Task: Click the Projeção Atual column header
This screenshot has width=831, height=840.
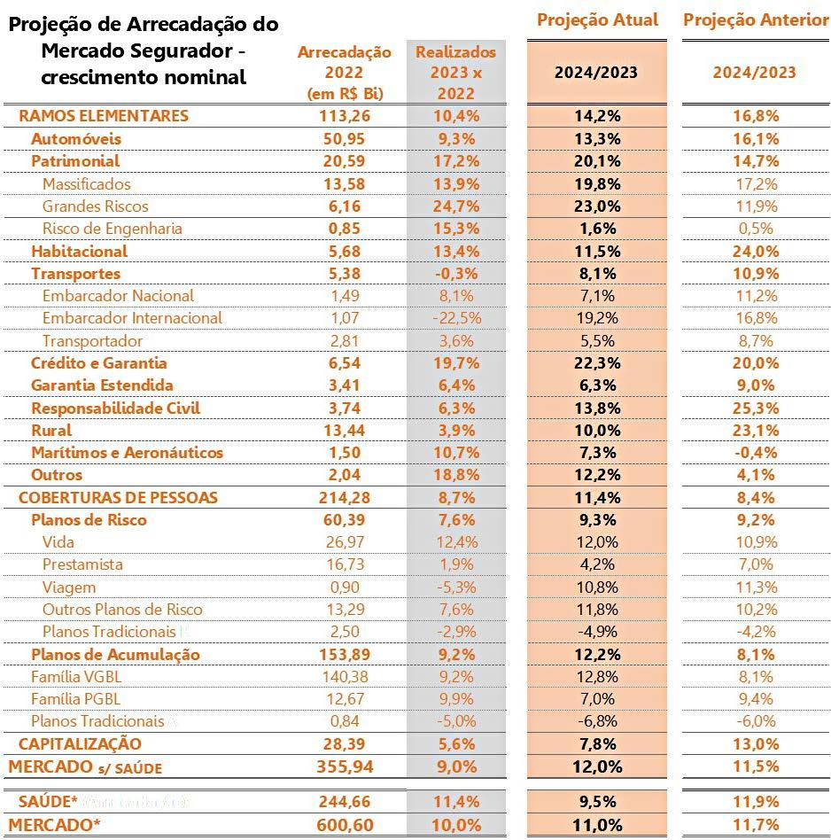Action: [x=598, y=19]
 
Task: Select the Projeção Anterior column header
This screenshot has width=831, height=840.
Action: [x=756, y=19]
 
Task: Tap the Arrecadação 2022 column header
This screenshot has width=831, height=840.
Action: [x=344, y=72]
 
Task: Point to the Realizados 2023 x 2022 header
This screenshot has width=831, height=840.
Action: [x=455, y=72]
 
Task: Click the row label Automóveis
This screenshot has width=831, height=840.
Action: [x=76, y=138]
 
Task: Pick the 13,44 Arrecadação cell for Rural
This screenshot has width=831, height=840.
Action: [x=344, y=430]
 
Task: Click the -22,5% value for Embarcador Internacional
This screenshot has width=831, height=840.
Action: [x=455, y=317]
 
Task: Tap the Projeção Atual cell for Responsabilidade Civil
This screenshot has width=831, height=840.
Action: [x=597, y=408]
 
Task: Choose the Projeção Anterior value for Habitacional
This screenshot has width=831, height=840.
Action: [x=755, y=251]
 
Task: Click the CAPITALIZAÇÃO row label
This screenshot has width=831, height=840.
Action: [x=80, y=743]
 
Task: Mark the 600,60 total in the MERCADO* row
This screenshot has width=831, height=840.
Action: [x=344, y=825]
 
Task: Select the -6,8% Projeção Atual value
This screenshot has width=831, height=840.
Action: [x=597, y=720]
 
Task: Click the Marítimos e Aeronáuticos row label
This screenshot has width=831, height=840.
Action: [x=127, y=452]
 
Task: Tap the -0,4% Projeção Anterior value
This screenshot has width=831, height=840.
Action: [x=755, y=452]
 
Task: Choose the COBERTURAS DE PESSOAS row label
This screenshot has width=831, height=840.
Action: [x=118, y=497]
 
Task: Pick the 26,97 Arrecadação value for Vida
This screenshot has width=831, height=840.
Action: [x=344, y=541]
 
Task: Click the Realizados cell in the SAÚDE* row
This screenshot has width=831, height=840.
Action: [x=455, y=802]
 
